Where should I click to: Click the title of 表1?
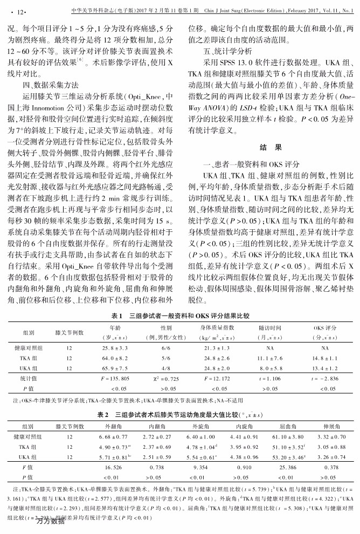tap(180, 316)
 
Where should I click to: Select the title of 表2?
tap(180, 415)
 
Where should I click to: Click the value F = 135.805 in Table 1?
tap(115, 379)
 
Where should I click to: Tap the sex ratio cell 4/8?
tap(165, 367)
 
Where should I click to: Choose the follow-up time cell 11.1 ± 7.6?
tap(271, 358)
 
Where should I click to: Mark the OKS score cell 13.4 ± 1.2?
tap(325, 367)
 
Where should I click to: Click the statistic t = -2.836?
tap(325, 379)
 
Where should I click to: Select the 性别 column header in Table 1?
tap(165, 327)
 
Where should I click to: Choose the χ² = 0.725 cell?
tap(165, 379)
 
